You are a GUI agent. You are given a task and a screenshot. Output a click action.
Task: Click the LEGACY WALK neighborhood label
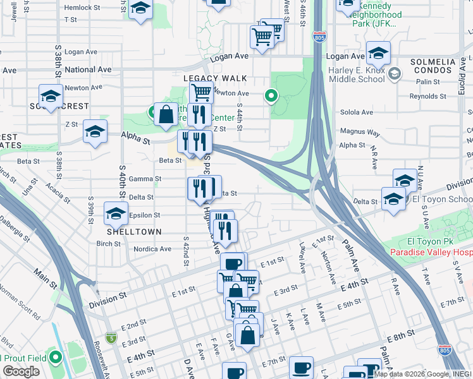(x=214, y=78)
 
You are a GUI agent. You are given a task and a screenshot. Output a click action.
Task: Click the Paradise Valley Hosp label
(x=431, y=252)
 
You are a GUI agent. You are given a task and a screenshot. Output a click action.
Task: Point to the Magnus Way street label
(x=360, y=133)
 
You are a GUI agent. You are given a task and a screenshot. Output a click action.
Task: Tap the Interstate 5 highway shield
(x=111, y=338)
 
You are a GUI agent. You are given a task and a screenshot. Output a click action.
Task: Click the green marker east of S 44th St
(x=271, y=96)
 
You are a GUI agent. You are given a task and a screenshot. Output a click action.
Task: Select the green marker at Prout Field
(x=56, y=358)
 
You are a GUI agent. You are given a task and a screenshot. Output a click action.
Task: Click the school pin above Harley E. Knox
(x=378, y=53)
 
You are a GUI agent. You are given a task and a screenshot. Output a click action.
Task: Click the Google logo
(x=21, y=371)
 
